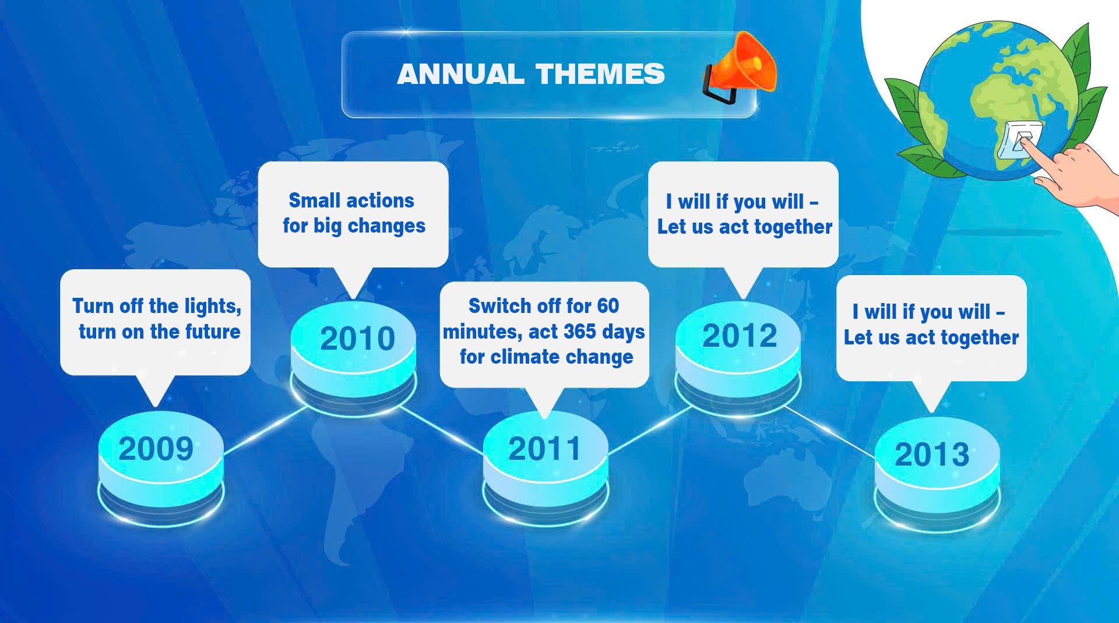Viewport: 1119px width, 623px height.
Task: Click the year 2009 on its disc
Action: tap(156, 449)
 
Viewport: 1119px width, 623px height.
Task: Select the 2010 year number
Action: tap(357, 339)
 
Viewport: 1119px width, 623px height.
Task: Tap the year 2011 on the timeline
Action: tap(544, 449)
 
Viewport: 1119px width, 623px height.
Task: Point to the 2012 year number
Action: tap(740, 336)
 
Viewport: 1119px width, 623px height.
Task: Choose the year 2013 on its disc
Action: tap(932, 455)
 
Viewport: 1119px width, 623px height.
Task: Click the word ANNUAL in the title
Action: tap(460, 74)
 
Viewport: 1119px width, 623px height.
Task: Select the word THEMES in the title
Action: tap(600, 74)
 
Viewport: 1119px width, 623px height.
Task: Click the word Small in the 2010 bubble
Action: tap(315, 200)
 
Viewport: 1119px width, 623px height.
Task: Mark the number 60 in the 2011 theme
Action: tap(607, 306)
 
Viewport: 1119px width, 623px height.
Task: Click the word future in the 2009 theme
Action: tap(212, 332)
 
